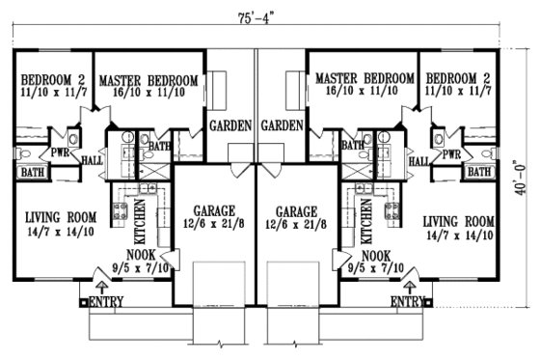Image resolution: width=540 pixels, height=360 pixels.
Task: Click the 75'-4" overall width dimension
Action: pyautogui.click(x=266, y=16)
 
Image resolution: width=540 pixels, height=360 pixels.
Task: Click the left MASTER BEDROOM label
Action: pyautogui.click(x=148, y=79)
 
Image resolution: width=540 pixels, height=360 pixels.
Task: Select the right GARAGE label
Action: pyautogui.click(x=297, y=210)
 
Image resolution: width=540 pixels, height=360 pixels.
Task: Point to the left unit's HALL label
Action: pyautogui.click(x=93, y=162)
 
